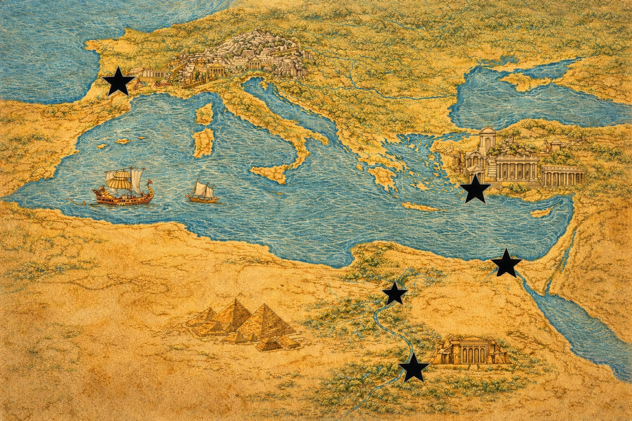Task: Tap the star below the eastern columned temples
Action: click(475, 189)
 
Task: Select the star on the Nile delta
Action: click(395, 294)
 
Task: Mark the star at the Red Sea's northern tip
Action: click(506, 263)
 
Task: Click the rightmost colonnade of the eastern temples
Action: click(563, 176)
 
